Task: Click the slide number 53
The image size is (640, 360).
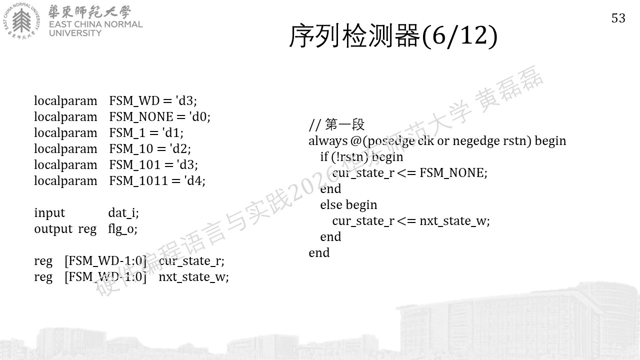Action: pos(618,18)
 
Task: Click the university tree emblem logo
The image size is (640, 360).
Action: pos(21,21)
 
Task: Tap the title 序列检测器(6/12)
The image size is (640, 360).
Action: pos(393,36)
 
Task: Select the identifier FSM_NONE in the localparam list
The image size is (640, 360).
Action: pos(141,116)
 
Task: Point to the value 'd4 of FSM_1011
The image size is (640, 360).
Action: pos(194,180)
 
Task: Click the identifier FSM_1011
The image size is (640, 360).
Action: pos(138,180)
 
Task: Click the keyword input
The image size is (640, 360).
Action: pos(49,213)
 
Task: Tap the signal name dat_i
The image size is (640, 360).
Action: pos(122,213)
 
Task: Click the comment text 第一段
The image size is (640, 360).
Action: pos(344,124)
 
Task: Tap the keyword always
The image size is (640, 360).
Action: pos(327,141)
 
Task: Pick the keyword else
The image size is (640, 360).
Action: pos(331,205)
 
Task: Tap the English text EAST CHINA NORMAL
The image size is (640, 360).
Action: pos(95,24)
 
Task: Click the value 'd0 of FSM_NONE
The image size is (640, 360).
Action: pos(199,116)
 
